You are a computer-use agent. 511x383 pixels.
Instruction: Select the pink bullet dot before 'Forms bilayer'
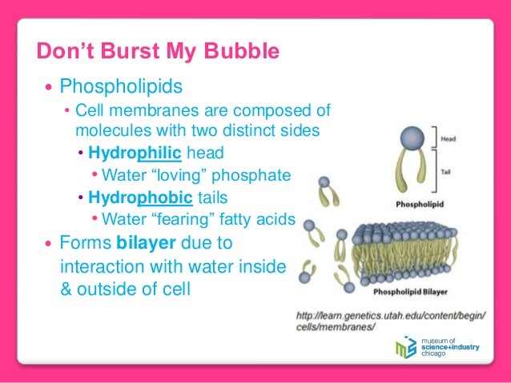point(50,244)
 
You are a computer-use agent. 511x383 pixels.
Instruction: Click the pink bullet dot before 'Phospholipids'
point(50,86)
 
